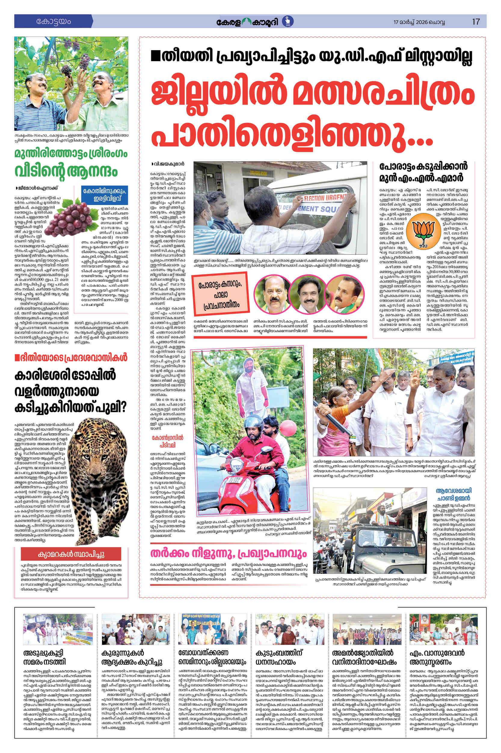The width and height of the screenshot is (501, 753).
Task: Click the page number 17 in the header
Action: [x=476, y=22]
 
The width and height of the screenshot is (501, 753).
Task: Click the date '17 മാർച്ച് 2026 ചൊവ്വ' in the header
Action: [x=419, y=22]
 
